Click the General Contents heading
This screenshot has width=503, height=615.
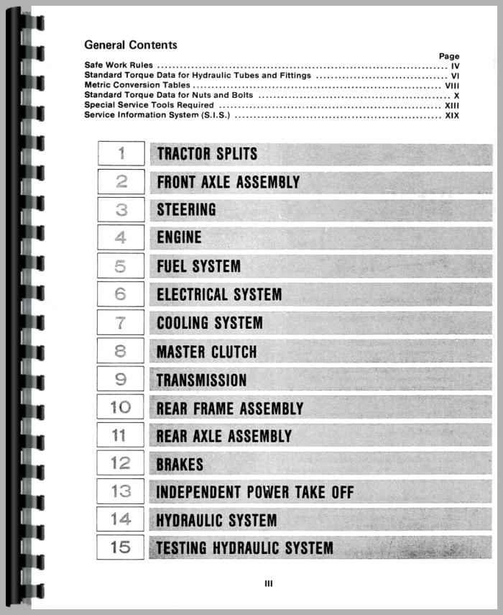pos(130,45)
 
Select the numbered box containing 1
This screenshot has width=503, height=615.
pos(121,153)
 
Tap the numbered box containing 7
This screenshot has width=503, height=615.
pos(121,322)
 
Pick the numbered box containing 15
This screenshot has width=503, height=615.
pos(121,547)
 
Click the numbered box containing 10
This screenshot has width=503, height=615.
pos(121,408)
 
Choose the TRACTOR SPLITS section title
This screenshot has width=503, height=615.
pos(207,154)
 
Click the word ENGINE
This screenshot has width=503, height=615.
pos(180,237)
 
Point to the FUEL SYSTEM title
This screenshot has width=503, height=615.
pos(199,266)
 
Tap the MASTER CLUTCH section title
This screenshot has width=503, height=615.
pos(206,352)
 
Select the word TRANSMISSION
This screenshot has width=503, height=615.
pos(202,380)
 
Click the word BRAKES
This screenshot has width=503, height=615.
pos(180,465)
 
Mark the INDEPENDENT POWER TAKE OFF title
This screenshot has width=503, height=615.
pos(255,493)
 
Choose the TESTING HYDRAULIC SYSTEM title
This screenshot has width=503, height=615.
pos(245,548)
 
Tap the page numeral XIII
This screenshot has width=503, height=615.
pos(452,105)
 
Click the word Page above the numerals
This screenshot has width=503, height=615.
pos(448,56)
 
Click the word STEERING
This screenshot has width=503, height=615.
pos(186,210)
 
